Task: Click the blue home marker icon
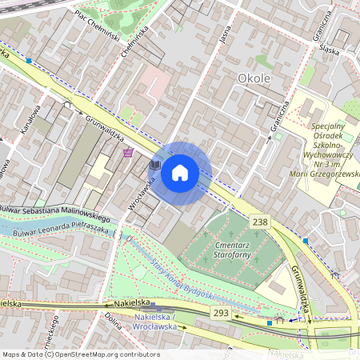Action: coord(180,173)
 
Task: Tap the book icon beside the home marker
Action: coord(156,165)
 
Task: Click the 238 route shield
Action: coord(259,221)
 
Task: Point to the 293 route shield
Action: coord(221,313)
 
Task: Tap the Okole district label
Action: coord(255,78)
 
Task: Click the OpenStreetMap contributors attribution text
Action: coord(80,354)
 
